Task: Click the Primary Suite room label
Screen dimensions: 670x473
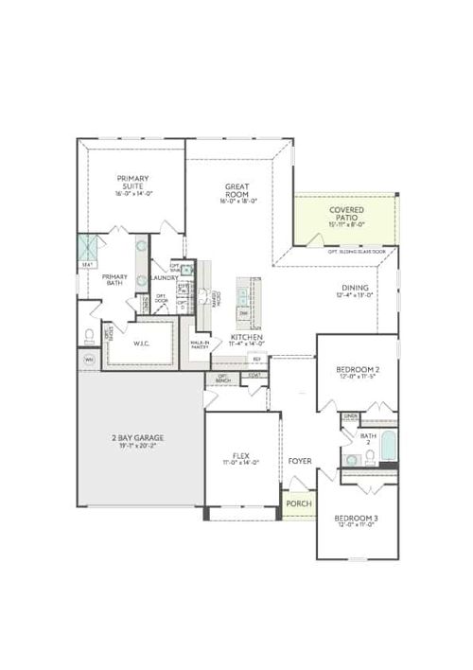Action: coord(133,182)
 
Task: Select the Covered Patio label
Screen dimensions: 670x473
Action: coord(346,214)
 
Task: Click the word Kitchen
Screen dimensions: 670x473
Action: coord(246,337)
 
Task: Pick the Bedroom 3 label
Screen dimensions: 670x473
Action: coord(356,520)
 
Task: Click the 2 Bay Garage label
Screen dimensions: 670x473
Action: coord(139,438)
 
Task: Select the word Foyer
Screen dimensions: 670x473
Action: coord(300,461)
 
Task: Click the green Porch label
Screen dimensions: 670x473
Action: coord(299,504)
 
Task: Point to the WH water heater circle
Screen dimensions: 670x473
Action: coord(90,360)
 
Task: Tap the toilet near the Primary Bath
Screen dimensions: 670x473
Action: coord(90,335)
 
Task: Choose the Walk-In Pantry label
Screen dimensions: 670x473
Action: coord(200,345)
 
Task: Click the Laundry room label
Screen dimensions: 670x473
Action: coord(164,278)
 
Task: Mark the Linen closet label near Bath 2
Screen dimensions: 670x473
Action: coord(350,416)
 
